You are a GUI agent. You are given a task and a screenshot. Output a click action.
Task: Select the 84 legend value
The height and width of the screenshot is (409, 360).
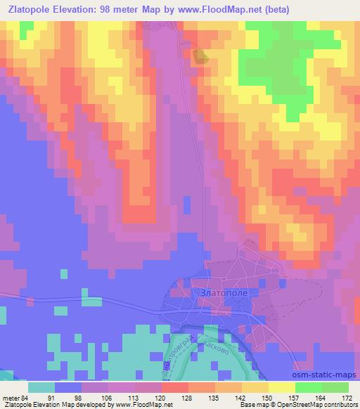[x=27, y=398]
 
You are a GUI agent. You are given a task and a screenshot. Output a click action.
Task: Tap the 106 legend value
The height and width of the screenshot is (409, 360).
[x=107, y=398]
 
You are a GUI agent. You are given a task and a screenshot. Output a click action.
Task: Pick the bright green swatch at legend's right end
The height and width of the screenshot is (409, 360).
[x=335, y=387]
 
